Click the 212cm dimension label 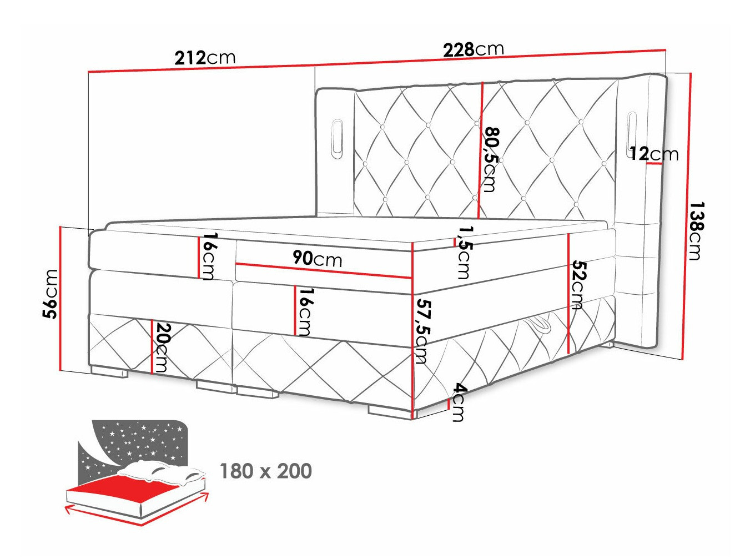pyautogui.click(x=205, y=57)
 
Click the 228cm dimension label pyautogui.click(x=473, y=49)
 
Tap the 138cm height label pyautogui.click(x=695, y=230)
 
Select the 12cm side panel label pyautogui.click(x=654, y=153)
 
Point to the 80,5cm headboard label pyautogui.click(x=490, y=160)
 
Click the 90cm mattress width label pyautogui.click(x=317, y=258)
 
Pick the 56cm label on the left pyautogui.click(x=51, y=294)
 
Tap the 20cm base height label pyautogui.click(x=162, y=347)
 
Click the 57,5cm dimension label pyautogui.click(x=423, y=331)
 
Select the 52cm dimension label pyautogui.click(x=578, y=285)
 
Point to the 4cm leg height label pyautogui.click(x=458, y=402)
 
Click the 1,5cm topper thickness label pyautogui.click(x=464, y=251)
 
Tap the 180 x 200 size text pyautogui.click(x=266, y=471)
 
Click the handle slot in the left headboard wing pyautogui.click(x=336, y=137)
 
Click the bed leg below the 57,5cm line pyautogui.click(x=389, y=411)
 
